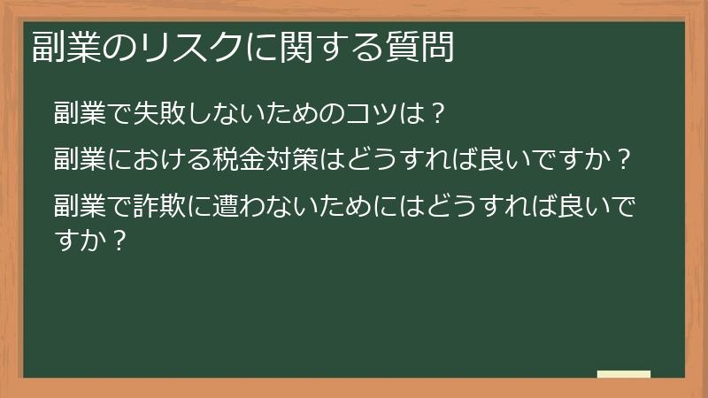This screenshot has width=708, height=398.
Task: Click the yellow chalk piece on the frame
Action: [x=623, y=375]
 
